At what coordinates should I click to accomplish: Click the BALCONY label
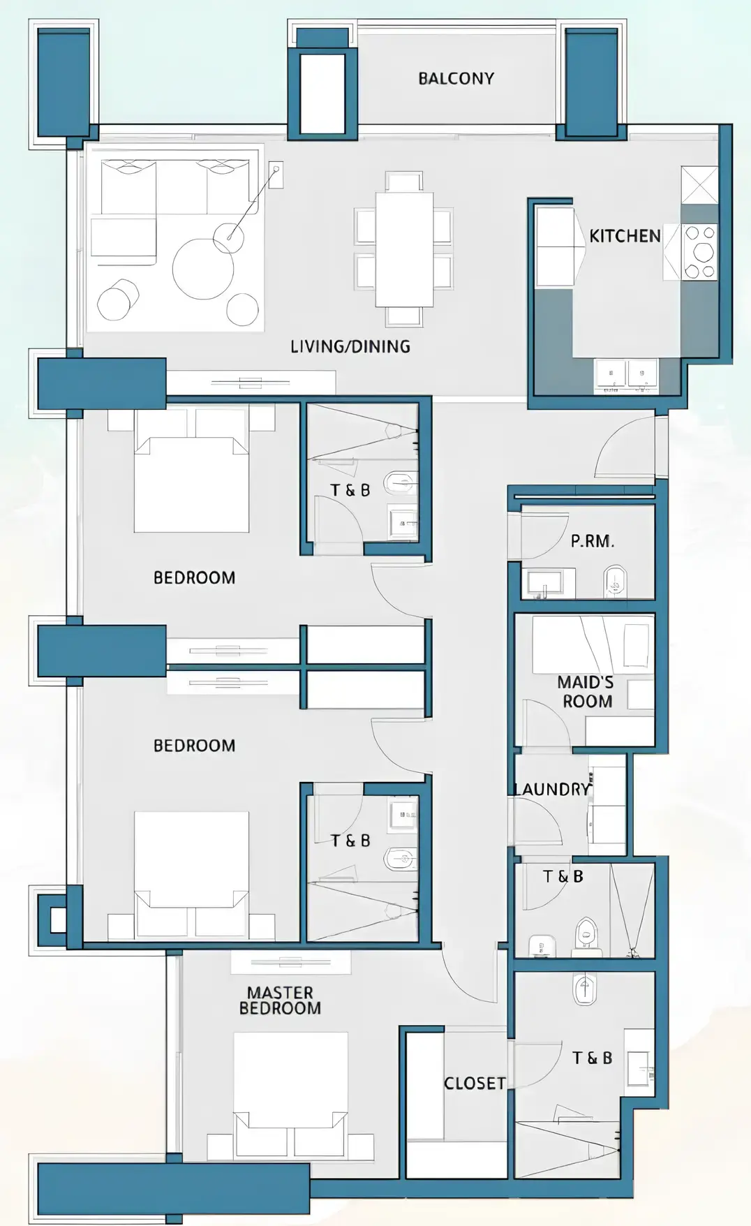(x=456, y=78)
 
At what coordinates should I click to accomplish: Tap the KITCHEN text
(x=625, y=236)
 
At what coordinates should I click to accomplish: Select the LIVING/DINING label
(x=350, y=346)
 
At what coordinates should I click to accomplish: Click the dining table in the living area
(x=403, y=249)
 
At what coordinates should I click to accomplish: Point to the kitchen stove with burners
(x=699, y=252)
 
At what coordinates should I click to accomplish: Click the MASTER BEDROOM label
(x=280, y=1000)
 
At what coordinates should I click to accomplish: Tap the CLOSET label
(x=475, y=1083)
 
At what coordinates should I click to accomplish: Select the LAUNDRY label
(x=552, y=789)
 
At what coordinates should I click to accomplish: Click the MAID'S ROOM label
(x=586, y=692)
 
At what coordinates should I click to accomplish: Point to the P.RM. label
(x=592, y=541)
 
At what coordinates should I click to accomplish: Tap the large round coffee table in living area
(x=203, y=269)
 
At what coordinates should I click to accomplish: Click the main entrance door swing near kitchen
(x=625, y=447)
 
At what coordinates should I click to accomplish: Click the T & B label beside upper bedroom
(x=350, y=490)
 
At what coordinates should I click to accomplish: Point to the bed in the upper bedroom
(x=191, y=482)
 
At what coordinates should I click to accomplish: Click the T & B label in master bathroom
(x=592, y=1058)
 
